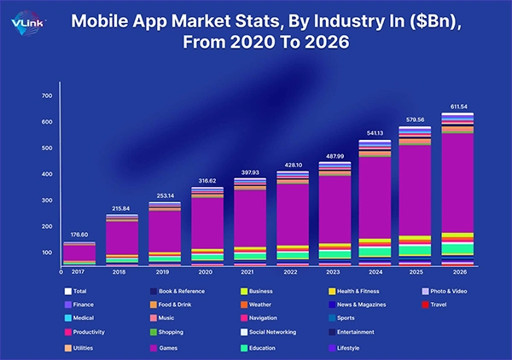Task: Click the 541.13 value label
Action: pos(373,131)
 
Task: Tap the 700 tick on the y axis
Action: pos(46,96)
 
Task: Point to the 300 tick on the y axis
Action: pos(46,200)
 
